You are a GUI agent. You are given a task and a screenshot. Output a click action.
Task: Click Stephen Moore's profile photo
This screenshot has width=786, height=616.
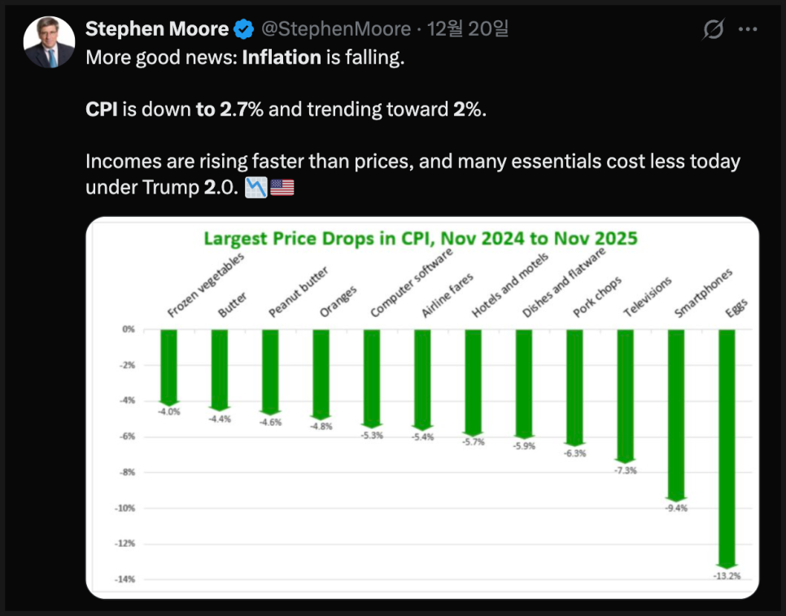point(50,41)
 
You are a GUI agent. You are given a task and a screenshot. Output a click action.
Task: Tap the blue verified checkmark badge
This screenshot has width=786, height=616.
point(243,30)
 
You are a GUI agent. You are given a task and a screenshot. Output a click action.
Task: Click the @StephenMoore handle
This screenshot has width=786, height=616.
point(335,29)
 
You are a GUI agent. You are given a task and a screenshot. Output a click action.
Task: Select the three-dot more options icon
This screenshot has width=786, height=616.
point(747,30)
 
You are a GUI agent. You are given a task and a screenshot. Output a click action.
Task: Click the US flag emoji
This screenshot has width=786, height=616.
point(282,189)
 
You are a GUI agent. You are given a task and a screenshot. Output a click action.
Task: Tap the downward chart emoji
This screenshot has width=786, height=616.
point(255,189)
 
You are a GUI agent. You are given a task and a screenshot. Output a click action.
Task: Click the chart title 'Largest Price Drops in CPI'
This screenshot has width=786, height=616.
point(420,239)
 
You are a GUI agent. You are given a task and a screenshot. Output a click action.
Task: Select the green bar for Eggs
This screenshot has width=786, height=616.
point(727,447)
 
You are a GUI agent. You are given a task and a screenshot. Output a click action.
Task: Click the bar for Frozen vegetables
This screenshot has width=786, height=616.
point(169,366)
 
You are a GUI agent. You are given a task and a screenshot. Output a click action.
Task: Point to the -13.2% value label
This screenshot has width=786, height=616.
point(727,576)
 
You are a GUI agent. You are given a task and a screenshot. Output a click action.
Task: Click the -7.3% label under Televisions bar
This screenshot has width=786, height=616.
point(626,471)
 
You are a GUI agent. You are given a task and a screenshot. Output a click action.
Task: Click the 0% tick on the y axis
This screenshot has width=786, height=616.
point(129,329)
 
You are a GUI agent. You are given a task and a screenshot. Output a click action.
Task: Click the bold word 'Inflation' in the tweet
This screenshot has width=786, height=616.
point(282,59)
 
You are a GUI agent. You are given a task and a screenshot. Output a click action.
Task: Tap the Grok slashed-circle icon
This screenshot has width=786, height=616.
point(713,30)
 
